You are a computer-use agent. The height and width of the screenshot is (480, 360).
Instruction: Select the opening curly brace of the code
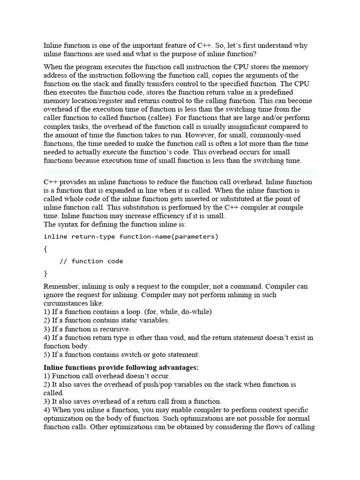[x=45, y=249]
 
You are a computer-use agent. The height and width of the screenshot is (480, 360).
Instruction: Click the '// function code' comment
[x=91, y=261]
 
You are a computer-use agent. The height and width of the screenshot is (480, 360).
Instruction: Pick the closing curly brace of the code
[x=45, y=273]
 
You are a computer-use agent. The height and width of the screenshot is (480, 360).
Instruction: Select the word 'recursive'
[x=113, y=329]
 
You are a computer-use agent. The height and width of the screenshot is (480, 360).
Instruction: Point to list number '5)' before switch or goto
[x=47, y=354]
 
